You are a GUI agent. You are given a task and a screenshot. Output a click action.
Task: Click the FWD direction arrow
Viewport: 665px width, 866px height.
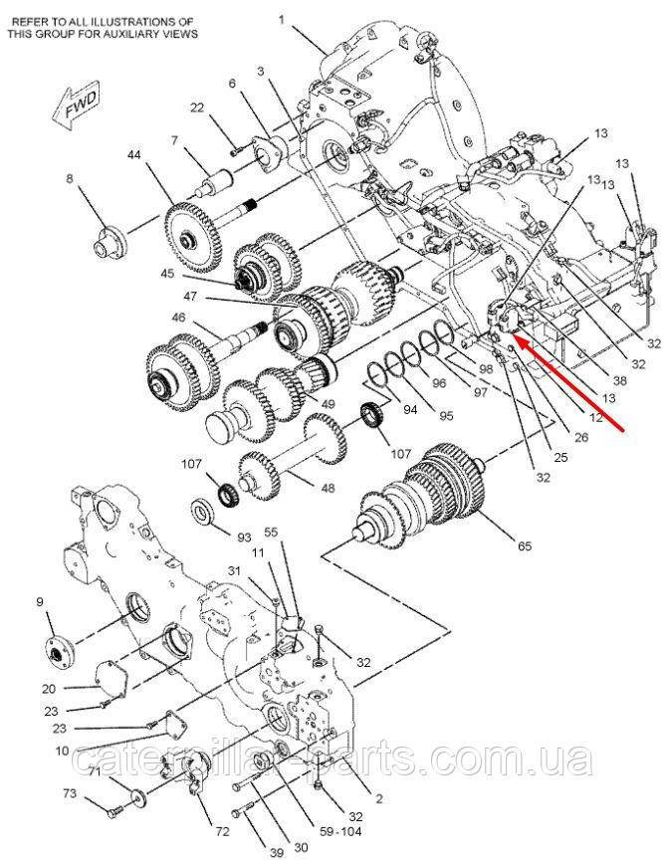75,108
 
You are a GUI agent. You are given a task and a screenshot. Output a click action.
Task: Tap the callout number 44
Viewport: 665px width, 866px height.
134,154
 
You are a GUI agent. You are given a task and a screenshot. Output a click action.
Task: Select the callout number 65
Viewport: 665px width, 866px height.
525,545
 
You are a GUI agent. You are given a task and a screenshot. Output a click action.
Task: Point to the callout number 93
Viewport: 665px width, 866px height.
244,537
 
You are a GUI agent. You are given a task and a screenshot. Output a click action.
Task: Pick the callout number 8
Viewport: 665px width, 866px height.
70,179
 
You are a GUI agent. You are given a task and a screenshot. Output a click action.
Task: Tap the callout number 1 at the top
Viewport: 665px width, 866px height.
282,21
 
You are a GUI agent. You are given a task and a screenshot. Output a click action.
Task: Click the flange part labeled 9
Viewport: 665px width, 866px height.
58,653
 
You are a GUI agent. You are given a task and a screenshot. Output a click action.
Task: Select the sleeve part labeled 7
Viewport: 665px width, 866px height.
216,181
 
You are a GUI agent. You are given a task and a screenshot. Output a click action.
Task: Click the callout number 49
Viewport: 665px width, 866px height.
328,404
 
